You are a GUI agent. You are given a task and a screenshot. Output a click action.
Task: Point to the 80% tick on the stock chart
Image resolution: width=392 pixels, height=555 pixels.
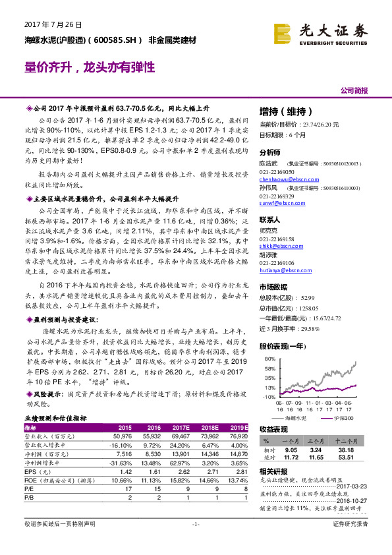coord(269,359)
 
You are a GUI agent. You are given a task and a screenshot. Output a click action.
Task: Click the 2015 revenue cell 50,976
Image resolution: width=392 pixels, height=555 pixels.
coord(123,436)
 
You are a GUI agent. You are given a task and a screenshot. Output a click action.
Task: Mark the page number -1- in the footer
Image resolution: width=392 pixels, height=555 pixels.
coord(196,542)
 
